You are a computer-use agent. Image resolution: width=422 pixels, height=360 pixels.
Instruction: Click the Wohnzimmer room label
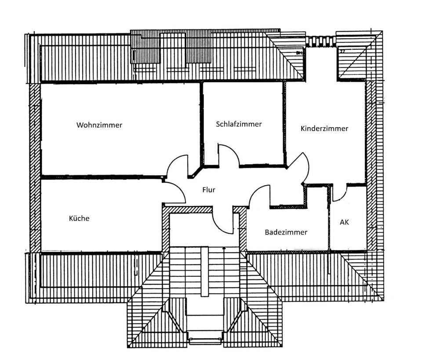[99, 125]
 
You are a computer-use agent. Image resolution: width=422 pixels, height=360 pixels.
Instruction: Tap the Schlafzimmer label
[239, 124]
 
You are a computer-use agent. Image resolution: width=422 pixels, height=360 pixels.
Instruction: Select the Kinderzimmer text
[324, 129]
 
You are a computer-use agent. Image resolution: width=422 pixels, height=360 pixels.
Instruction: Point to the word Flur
[208, 190]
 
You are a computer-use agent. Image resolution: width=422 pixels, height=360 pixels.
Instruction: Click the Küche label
[79, 218]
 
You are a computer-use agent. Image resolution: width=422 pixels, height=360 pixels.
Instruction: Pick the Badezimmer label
[286, 232]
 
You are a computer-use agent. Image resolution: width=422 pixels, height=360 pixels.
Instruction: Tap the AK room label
[344, 222]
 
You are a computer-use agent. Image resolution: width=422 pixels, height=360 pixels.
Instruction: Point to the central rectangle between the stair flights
[204, 271]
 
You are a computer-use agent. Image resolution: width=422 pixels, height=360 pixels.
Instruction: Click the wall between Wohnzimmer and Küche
[101, 177]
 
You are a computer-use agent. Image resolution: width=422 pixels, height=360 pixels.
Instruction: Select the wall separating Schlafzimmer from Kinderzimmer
[284, 123]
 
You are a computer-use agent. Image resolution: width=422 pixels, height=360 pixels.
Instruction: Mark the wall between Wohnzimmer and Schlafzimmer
[202, 123]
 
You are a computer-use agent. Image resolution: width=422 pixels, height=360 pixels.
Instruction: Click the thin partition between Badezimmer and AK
[329, 220]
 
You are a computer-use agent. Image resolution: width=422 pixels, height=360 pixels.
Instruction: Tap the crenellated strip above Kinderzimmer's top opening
[321, 42]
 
